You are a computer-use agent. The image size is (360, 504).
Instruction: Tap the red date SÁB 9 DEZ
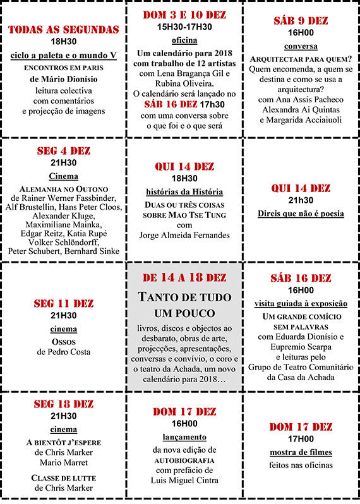point(300,21)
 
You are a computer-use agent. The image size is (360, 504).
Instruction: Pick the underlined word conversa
point(301,46)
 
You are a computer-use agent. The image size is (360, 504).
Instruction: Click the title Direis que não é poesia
point(301,213)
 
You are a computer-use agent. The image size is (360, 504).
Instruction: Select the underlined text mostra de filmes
point(301,452)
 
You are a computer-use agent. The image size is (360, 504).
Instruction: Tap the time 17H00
point(301,440)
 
